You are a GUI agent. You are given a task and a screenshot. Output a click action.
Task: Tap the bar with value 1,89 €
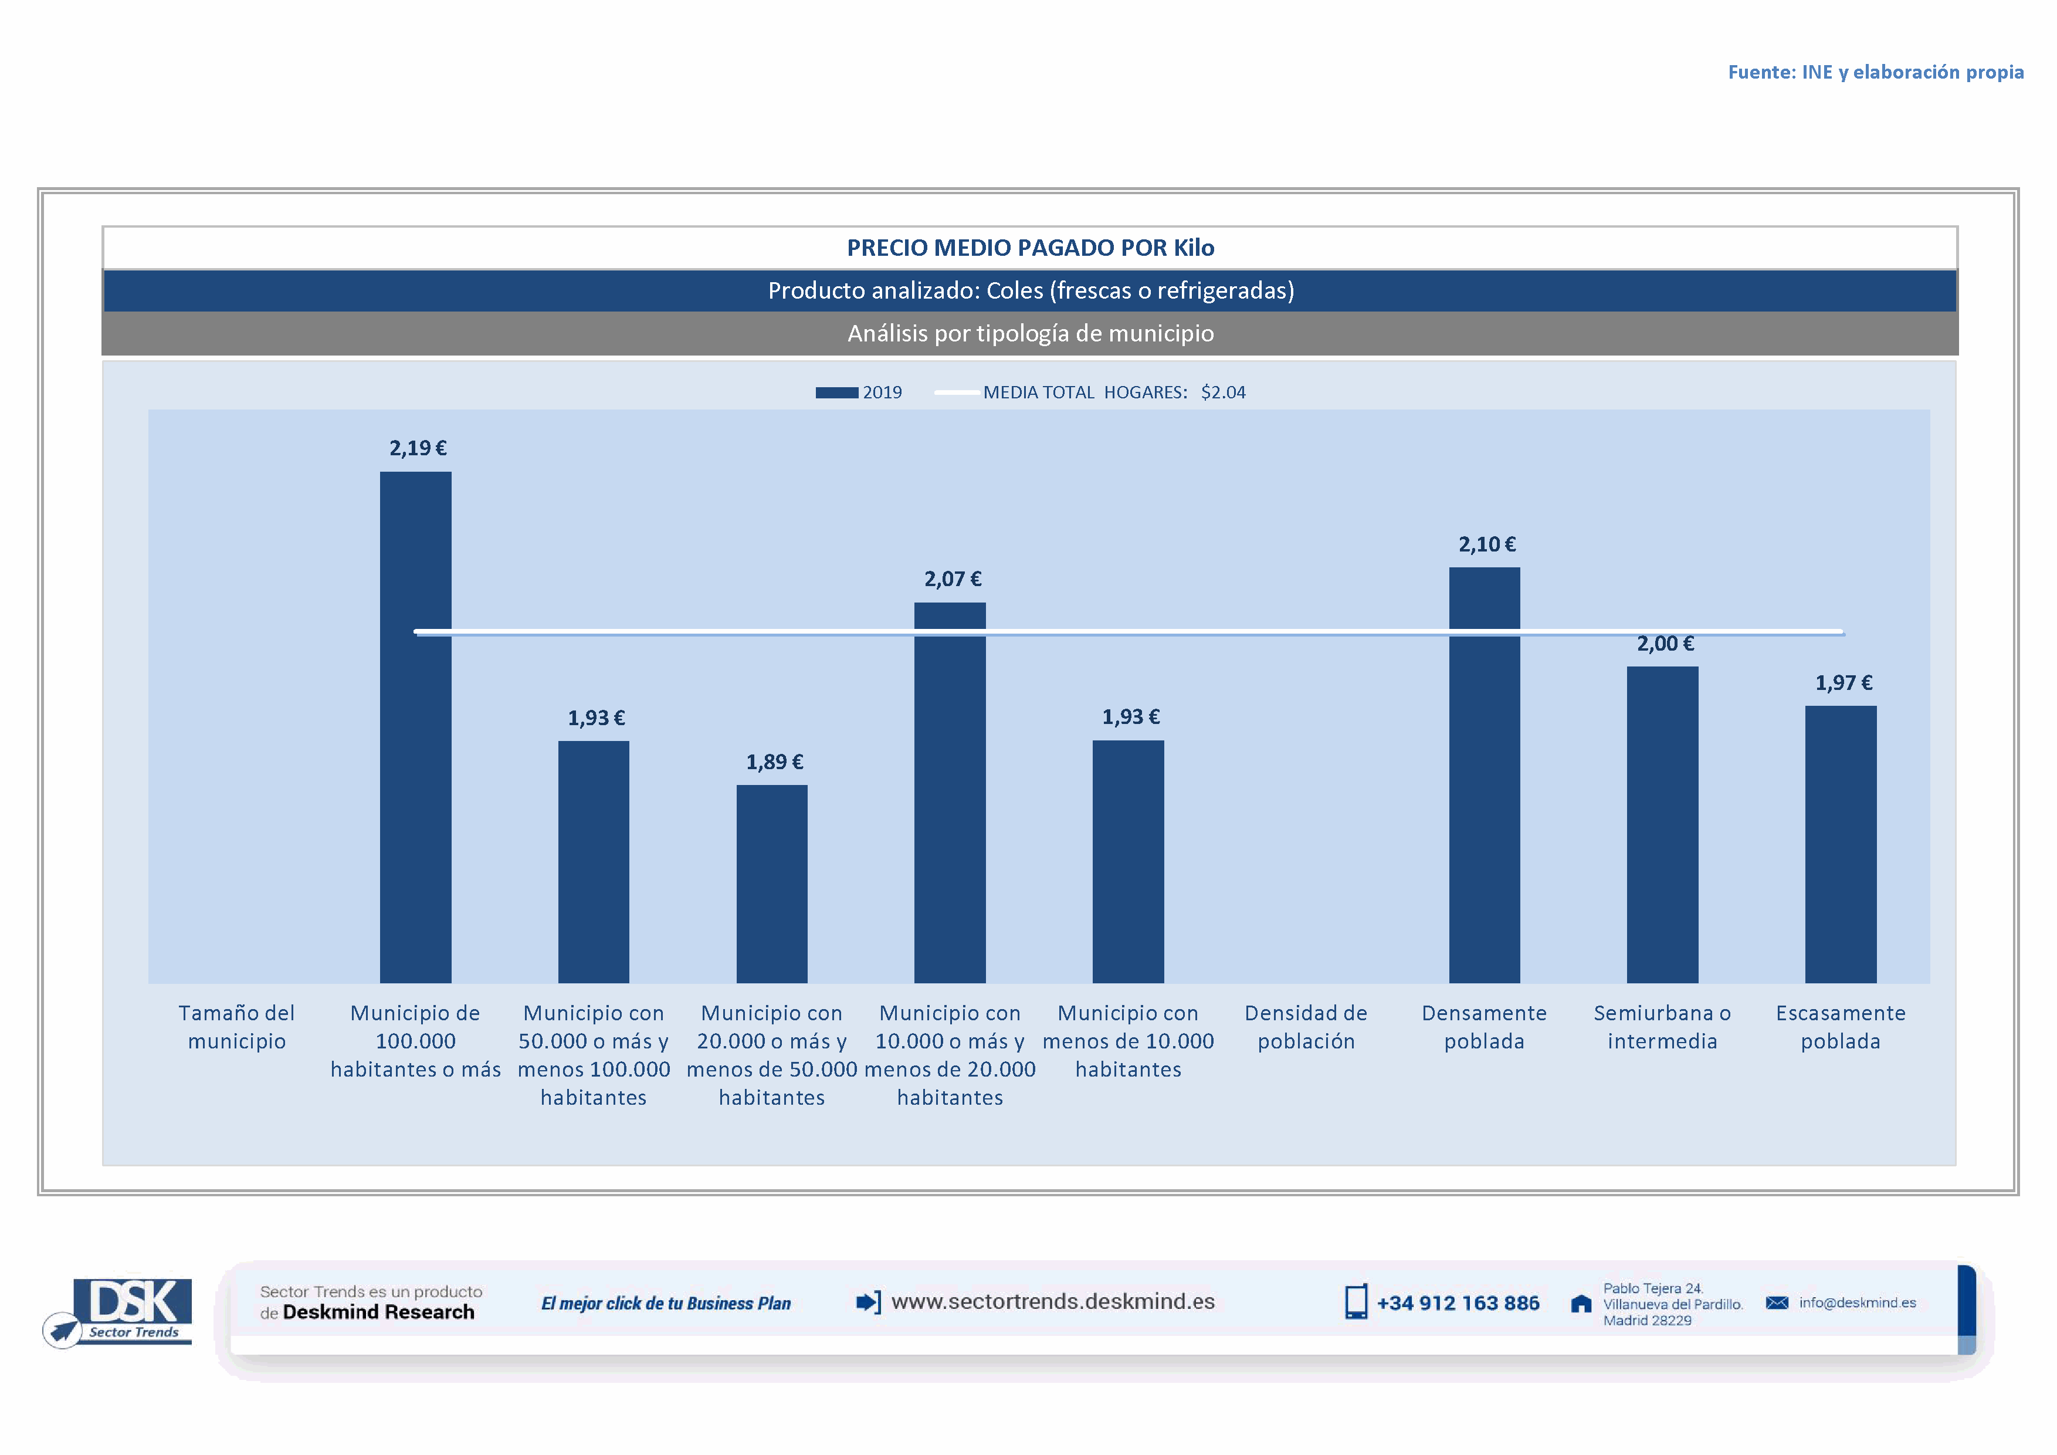pyautogui.click(x=771, y=884)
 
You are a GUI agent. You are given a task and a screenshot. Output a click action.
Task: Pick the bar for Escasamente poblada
pyautogui.click(x=1840, y=844)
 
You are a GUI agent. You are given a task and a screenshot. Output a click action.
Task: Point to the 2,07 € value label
pyautogui.click(x=953, y=579)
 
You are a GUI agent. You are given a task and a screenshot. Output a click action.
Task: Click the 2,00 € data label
pyautogui.click(x=1666, y=643)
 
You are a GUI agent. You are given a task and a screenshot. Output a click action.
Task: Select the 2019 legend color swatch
pyautogui.click(x=836, y=392)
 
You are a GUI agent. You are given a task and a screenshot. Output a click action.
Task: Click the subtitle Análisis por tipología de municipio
pyautogui.click(x=1031, y=333)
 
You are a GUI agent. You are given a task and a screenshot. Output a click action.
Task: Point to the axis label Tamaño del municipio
pyautogui.click(x=236, y=1027)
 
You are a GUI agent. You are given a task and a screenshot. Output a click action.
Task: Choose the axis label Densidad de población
pyautogui.click(x=1305, y=1027)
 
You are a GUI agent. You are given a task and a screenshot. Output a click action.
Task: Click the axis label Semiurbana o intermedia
pyautogui.click(x=1662, y=1027)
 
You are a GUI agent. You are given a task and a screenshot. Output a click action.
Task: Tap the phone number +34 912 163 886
pyautogui.click(x=1458, y=1302)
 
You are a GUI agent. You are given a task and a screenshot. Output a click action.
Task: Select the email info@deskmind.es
pyautogui.click(x=1857, y=1302)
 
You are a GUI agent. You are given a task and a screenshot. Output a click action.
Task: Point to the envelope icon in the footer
pyautogui.click(x=1777, y=1302)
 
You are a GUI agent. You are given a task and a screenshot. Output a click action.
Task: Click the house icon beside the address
pyautogui.click(x=1581, y=1304)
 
